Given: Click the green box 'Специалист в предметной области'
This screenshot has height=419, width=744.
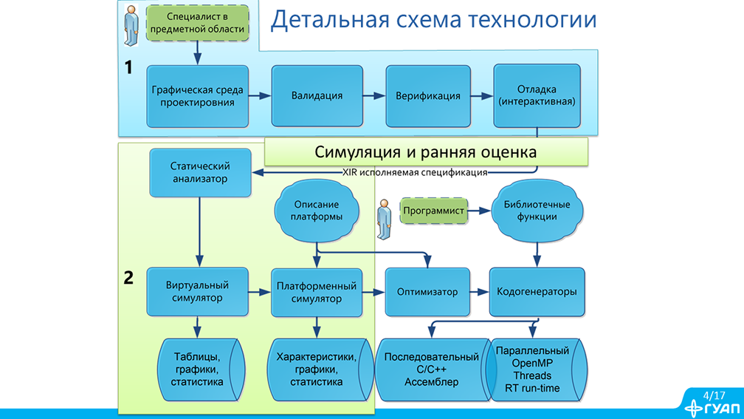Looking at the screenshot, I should tap(197, 23).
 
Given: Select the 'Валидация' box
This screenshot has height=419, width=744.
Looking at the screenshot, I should tap(317, 96).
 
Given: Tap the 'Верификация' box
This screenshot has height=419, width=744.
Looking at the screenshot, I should tap(428, 96).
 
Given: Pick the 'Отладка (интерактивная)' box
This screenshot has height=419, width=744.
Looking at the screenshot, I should tap(537, 95).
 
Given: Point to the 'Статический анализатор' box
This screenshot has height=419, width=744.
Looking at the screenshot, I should tap(200, 172).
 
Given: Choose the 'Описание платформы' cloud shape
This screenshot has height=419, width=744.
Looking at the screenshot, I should tap(317, 211).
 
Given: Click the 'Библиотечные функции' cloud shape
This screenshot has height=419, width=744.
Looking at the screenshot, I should tap(537, 211).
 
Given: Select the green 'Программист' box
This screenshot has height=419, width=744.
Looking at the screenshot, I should tap(434, 211).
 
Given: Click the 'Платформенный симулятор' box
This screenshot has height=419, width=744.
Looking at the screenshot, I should tap(317, 291).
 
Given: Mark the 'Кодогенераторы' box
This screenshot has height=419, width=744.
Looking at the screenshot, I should tap(537, 291).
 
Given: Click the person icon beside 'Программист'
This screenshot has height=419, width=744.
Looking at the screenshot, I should tap(384, 219).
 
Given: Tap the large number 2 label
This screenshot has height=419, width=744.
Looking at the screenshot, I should tap(128, 279).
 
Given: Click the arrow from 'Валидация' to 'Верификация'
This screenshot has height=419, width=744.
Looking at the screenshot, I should tap(373, 96).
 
